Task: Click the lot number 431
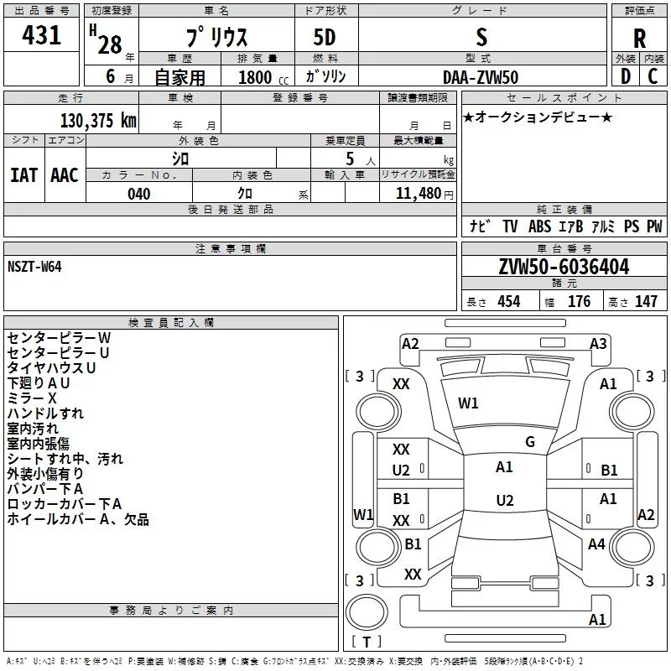pos(41,34)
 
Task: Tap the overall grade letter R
pos(639,39)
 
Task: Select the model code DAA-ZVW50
pos(481,77)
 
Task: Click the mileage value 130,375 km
pos(98,120)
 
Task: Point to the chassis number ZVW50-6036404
pos(564,266)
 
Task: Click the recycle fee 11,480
pos(418,194)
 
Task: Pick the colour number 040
pos(138,194)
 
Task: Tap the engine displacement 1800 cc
pos(263,77)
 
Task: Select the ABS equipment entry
pos(539,226)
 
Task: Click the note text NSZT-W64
pos(34,267)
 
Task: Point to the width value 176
pos(579,301)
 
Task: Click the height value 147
pos(646,301)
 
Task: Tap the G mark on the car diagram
pos(530,442)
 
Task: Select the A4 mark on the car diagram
pos(596,544)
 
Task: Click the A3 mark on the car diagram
pos(598,344)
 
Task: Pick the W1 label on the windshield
pos(468,403)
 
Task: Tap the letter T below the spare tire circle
pos(367,642)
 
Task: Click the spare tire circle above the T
pos(367,612)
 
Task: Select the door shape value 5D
pos(325,38)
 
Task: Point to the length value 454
pos(509,301)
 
